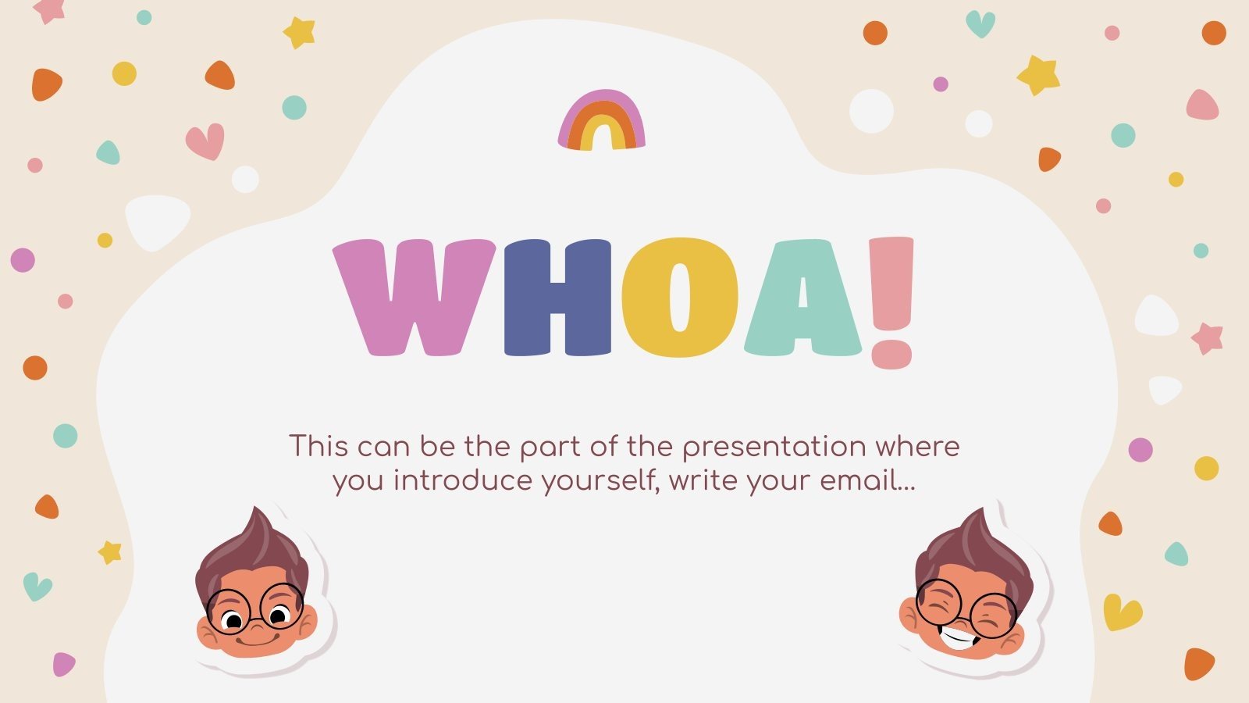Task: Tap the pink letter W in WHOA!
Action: [x=414, y=297]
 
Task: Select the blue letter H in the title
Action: [x=557, y=297]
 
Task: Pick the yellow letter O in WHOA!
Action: [x=679, y=297]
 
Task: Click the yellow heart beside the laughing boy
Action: [x=1122, y=612]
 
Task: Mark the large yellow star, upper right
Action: [x=1038, y=75]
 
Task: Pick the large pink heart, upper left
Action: [x=205, y=141]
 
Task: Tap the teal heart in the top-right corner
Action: [x=980, y=23]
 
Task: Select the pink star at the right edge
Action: [x=1207, y=337]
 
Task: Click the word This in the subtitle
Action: [x=318, y=447]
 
